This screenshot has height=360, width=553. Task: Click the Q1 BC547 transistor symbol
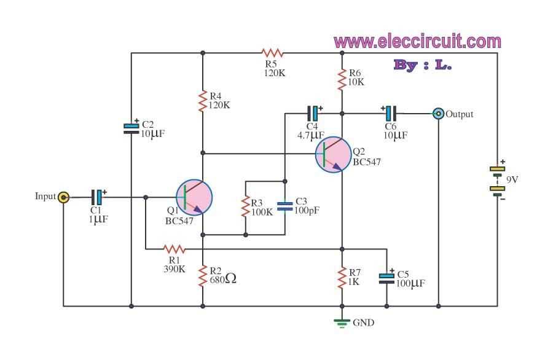tap(194, 198)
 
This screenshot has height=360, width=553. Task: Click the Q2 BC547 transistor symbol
tap(334, 154)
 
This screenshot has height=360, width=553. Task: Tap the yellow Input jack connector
tap(63, 197)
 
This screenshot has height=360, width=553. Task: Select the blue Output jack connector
tap(438, 114)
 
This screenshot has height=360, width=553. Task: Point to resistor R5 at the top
tap(272, 53)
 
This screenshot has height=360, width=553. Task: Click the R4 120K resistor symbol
tap(202, 102)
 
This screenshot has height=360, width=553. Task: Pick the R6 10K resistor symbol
tap(342, 79)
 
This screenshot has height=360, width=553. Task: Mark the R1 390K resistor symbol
tap(174, 249)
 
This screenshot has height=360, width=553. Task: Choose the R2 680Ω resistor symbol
tap(202, 277)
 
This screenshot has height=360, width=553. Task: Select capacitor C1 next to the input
tap(98, 197)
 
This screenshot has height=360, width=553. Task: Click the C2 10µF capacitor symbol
tap(131, 128)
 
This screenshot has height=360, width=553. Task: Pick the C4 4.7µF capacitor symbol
tap(314, 113)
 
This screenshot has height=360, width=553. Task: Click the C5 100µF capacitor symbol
tap(386, 277)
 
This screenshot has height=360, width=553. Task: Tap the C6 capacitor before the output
tap(390, 113)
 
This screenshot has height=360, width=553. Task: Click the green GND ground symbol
tap(342, 322)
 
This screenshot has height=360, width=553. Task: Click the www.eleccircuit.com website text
tap(417, 42)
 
